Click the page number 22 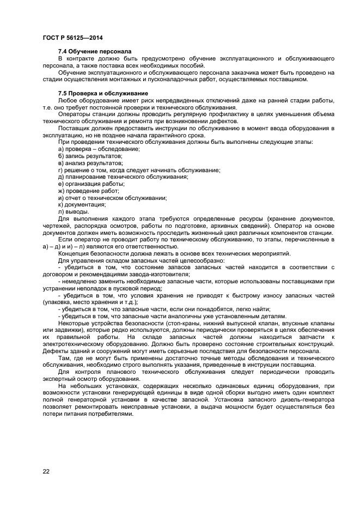(46, 471)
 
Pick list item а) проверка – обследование (99, 149)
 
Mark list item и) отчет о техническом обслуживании (112, 198)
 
